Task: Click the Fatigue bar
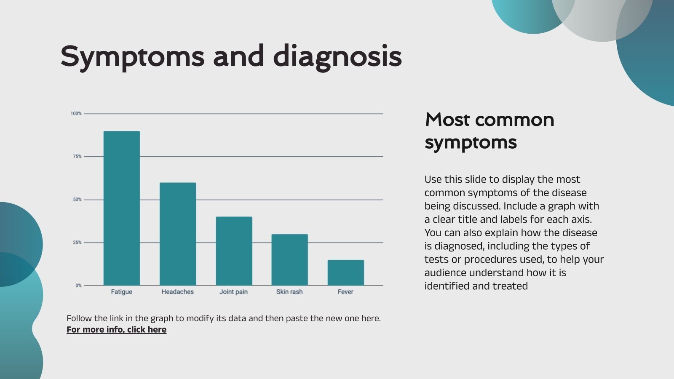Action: tap(122, 208)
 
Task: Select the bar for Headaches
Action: tap(178, 234)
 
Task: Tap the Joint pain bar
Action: tap(234, 251)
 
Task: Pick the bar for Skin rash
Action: tap(289, 259)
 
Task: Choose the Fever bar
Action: tap(345, 272)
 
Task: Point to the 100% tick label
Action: tap(76, 114)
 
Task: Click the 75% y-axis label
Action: tap(77, 157)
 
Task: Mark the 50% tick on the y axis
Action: tap(77, 200)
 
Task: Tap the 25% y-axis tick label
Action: tap(77, 243)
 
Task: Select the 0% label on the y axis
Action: tap(78, 286)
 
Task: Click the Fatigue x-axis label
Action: tap(122, 292)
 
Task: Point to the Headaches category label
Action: tap(178, 292)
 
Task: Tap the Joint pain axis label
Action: tap(234, 292)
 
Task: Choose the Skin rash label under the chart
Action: tap(289, 292)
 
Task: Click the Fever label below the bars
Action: tap(345, 292)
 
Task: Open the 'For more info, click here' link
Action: tap(116, 330)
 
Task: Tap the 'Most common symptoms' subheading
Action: tap(489, 131)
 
